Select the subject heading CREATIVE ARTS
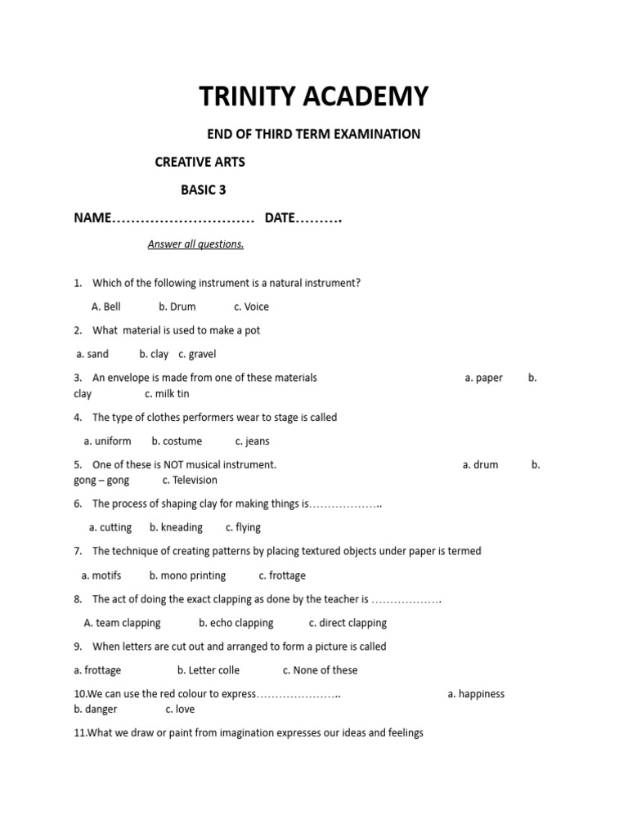click(x=200, y=162)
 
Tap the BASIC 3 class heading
click(x=203, y=190)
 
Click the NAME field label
click(x=92, y=218)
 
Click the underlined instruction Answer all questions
click(x=195, y=244)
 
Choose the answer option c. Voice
click(x=251, y=307)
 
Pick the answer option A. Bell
click(x=106, y=307)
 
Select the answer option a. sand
click(x=92, y=355)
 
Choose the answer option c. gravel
click(x=197, y=355)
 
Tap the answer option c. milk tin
click(x=167, y=394)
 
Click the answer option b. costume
click(x=177, y=441)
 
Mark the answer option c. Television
click(x=190, y=481)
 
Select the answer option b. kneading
click(x=176, y=528)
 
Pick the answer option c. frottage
click(x=282, y=575)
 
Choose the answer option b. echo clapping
click(x=236, y=623)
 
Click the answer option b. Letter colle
click(x=209, y=670)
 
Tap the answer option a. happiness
click(x=476, y=694)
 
